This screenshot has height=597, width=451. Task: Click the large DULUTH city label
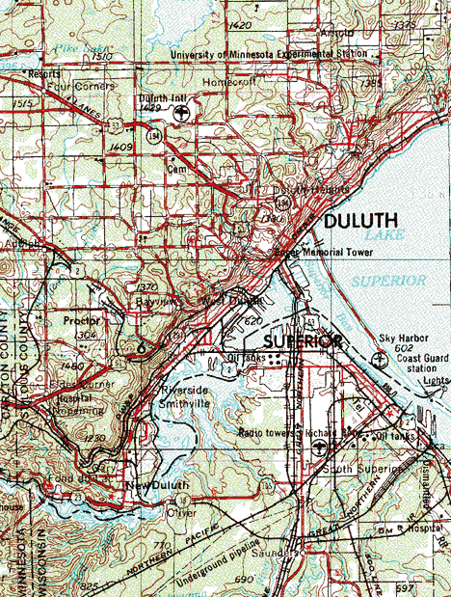tap(360, 221)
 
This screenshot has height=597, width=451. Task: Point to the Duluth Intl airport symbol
tap(182, 113)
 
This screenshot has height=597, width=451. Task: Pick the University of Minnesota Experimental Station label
tap(269, 55)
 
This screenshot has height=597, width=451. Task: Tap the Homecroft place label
tap(225, 82)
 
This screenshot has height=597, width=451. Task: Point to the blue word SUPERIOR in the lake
tap(387, 281)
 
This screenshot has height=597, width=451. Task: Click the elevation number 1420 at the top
tap(241, 25)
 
